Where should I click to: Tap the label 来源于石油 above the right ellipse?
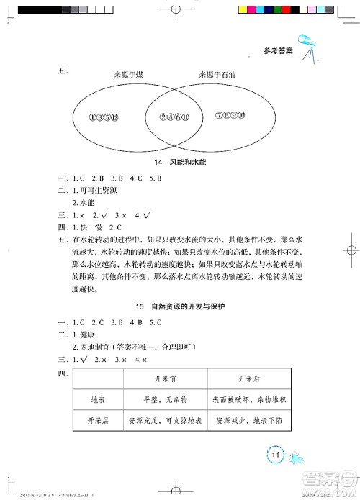[x=222, y=75]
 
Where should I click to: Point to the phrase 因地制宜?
[x=99, y=347]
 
